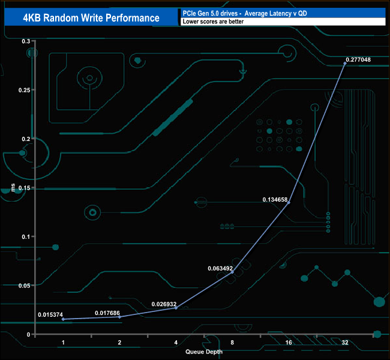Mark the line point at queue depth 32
[x=345, y=64]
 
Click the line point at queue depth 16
[x=289, y=203]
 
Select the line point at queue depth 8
[x=232, y=272]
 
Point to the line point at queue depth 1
[x=63, y=319]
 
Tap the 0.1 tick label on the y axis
[x=26, y=236]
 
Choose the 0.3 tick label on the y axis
[x=26, y=41]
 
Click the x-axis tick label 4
[x=176, y=343]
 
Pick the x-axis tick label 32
[x=345, y=343]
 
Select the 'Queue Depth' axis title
[x=203, y=352]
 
